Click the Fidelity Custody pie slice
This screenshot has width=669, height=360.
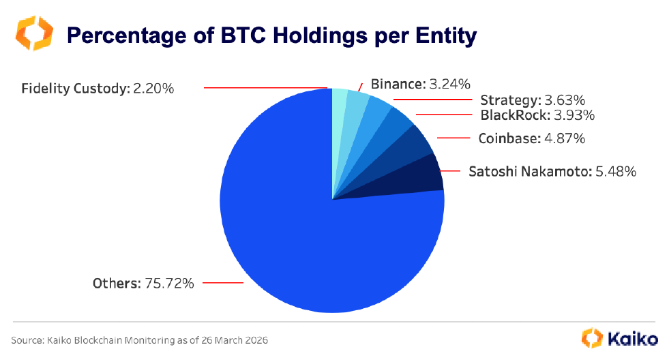[x=338, y=109]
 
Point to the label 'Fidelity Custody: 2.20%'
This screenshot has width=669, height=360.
[x=98, y=89]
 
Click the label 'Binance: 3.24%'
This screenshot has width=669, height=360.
[x=420, y=85]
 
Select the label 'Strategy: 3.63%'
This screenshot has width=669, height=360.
[x=532, y=101]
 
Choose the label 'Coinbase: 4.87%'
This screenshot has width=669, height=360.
[x=531, y=138]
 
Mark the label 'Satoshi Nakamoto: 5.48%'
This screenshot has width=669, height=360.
[x=552, y=171]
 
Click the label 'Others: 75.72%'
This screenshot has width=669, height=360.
[x=143, y=283]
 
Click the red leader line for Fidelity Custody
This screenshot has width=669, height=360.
[x=266, y=88]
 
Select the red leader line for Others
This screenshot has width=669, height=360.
[x=223, y=282]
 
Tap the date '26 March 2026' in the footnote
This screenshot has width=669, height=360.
[x=243, y=340]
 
